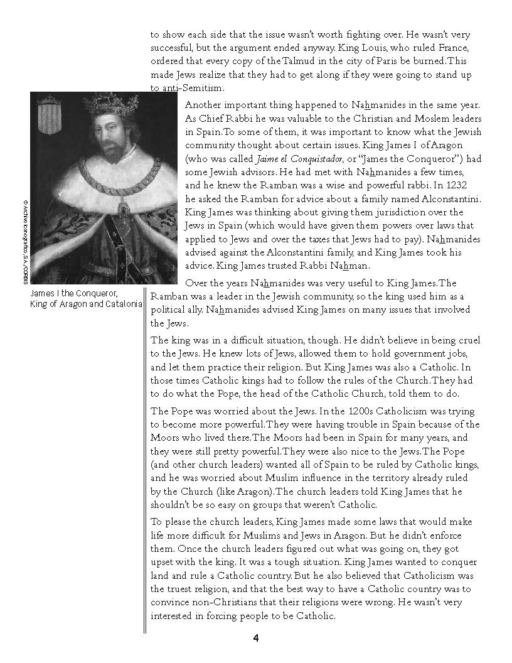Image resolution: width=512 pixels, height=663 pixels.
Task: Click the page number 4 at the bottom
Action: (x=256, y=639)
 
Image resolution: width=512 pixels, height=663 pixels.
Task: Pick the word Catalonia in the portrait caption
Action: (x=120, y=304)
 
